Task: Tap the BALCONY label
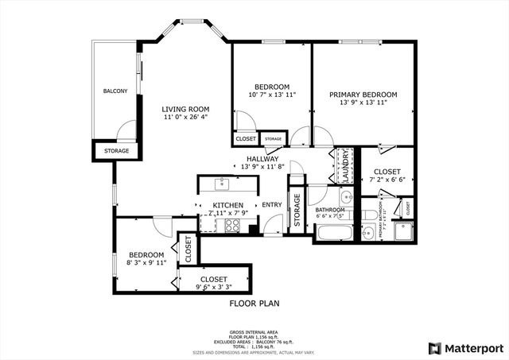tap(115, 91)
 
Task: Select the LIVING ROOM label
tap(185, 110)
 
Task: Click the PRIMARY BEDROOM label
tap(363, 95)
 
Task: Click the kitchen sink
tap(223, 185)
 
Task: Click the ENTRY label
tap(272, 206)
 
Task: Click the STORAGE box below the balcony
tap(117, 150)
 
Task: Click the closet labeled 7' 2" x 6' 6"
tap(387, 176)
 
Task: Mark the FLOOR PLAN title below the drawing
tap(254, 304)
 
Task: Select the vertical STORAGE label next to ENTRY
tap(296, 212)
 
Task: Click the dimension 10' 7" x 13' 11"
tap(271, 95)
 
